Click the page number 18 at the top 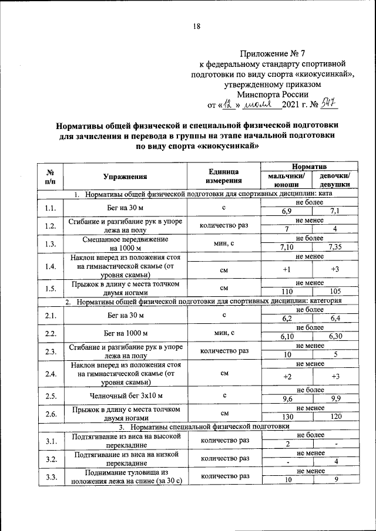197,26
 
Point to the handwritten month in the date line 259,104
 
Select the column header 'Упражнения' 125,176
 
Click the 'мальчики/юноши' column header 286,180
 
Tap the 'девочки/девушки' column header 335,180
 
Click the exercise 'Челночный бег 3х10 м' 125,396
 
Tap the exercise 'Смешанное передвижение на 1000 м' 125,243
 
